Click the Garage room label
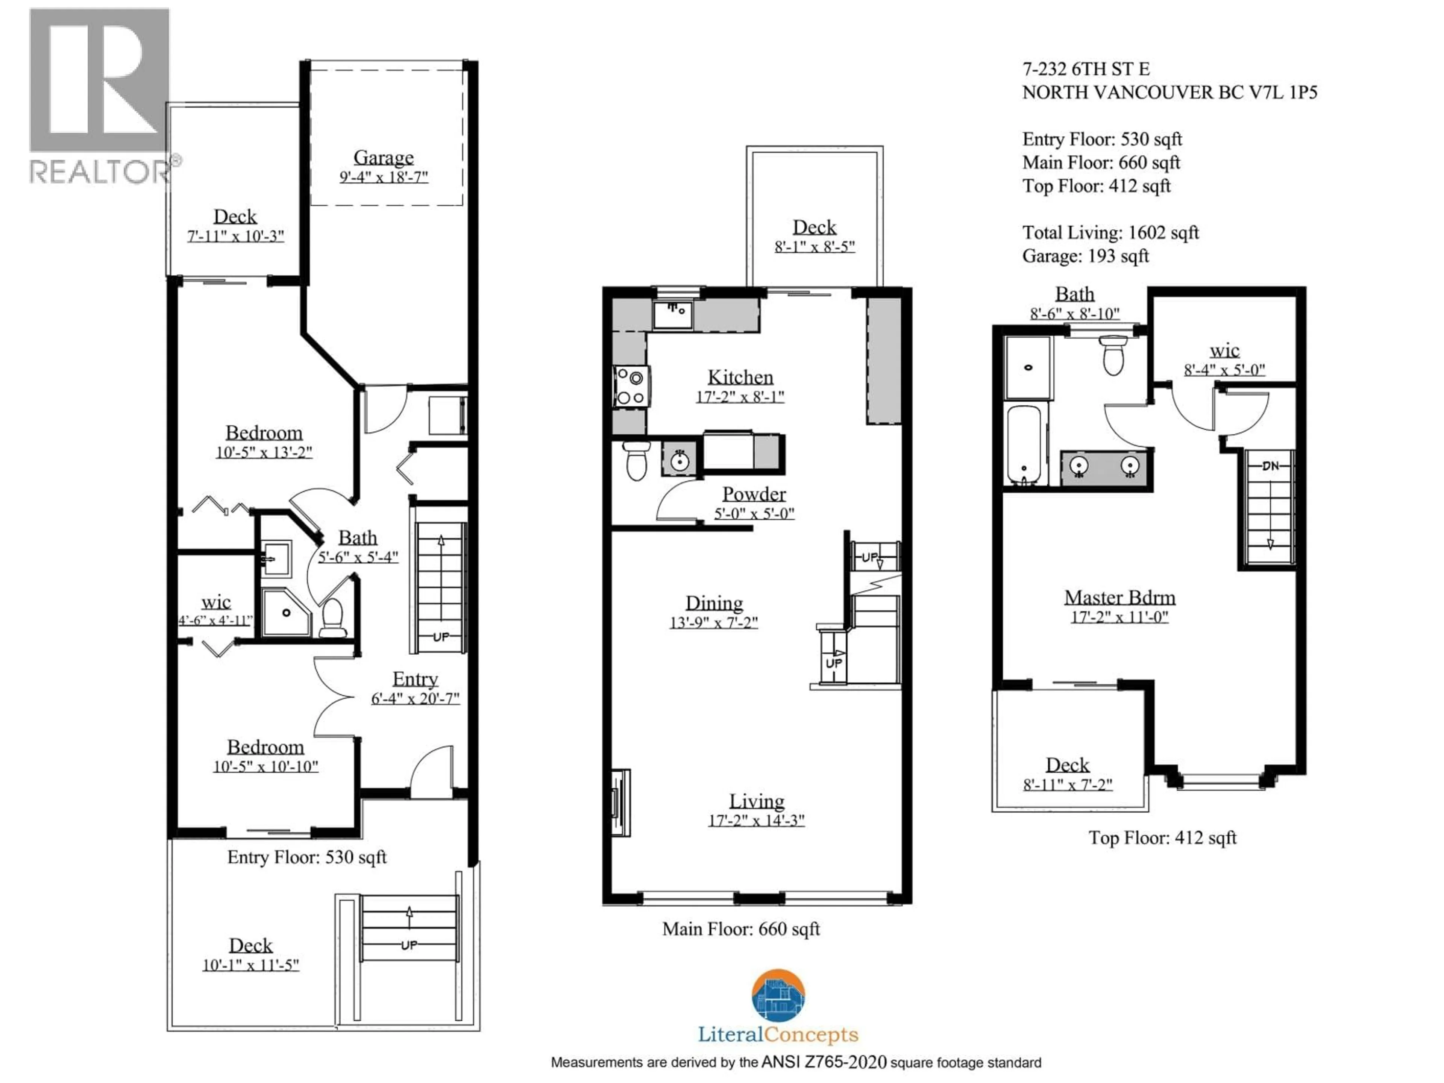click(x=383, y=157)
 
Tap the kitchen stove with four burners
click(x=631, y=387)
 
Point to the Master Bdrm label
click(x=1119, y=597)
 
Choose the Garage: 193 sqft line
click(x=1085, y=256)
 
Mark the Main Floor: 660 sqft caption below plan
click(x=740, y=929)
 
